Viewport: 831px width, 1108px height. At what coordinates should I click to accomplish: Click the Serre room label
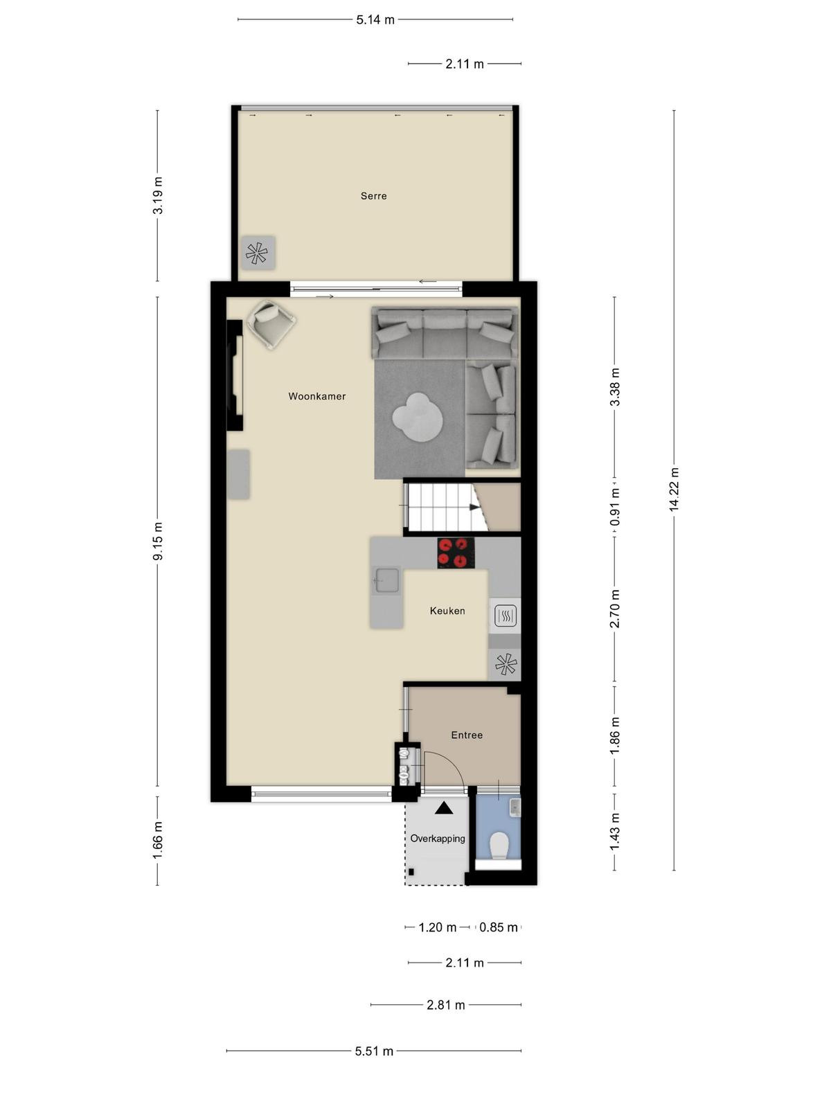[373, 196]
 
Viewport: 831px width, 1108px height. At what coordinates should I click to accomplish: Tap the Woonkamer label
[317, 396]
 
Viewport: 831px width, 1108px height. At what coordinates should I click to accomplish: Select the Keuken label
[447, 611]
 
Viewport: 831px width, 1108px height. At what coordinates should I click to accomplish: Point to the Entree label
[467, 735]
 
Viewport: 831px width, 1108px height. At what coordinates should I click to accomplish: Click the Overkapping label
[438, 839]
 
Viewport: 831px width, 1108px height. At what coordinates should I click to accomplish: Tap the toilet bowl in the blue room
[499, 846]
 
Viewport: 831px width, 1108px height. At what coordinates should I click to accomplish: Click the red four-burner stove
[456, 552]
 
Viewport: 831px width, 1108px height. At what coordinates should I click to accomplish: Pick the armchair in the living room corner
[271, 324]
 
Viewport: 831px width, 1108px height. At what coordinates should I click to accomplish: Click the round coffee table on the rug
[418, 418]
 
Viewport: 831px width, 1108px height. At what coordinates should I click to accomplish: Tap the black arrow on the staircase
[474, 507]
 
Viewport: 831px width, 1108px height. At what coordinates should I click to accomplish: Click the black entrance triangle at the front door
[444, 807]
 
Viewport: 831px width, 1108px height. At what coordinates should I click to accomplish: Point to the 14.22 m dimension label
[674, 490]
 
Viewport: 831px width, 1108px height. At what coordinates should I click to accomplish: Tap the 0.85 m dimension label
[499, 927]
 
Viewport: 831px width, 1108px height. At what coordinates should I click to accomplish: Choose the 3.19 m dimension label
[158, 195]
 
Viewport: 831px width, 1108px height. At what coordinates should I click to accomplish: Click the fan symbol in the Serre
[257, 253]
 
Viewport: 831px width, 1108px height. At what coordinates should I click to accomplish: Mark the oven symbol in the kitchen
[505, 616]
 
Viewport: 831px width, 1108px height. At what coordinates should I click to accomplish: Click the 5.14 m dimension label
[375, 19]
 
